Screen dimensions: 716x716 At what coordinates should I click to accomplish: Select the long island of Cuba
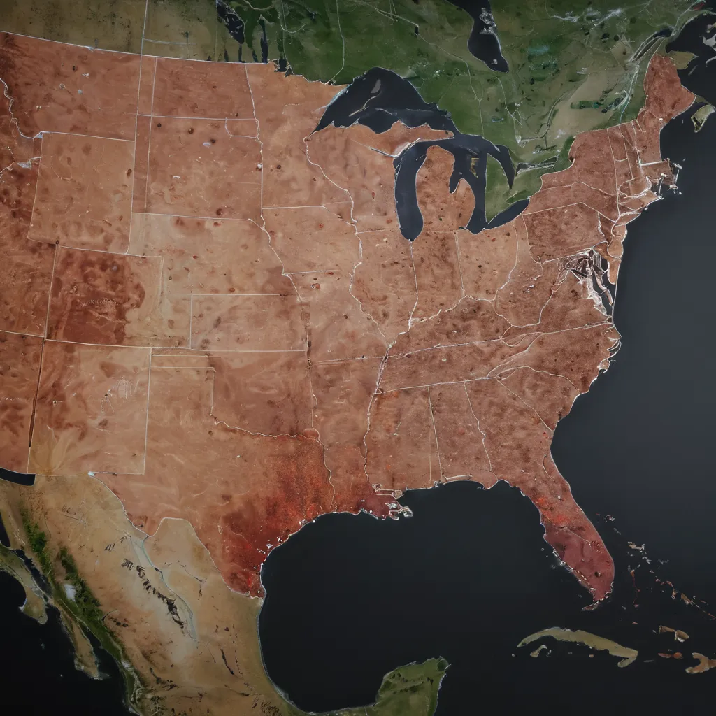point(580,641)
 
